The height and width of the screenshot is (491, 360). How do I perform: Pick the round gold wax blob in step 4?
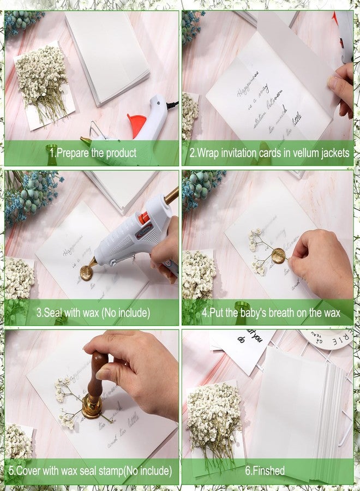[x=279, y=255]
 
